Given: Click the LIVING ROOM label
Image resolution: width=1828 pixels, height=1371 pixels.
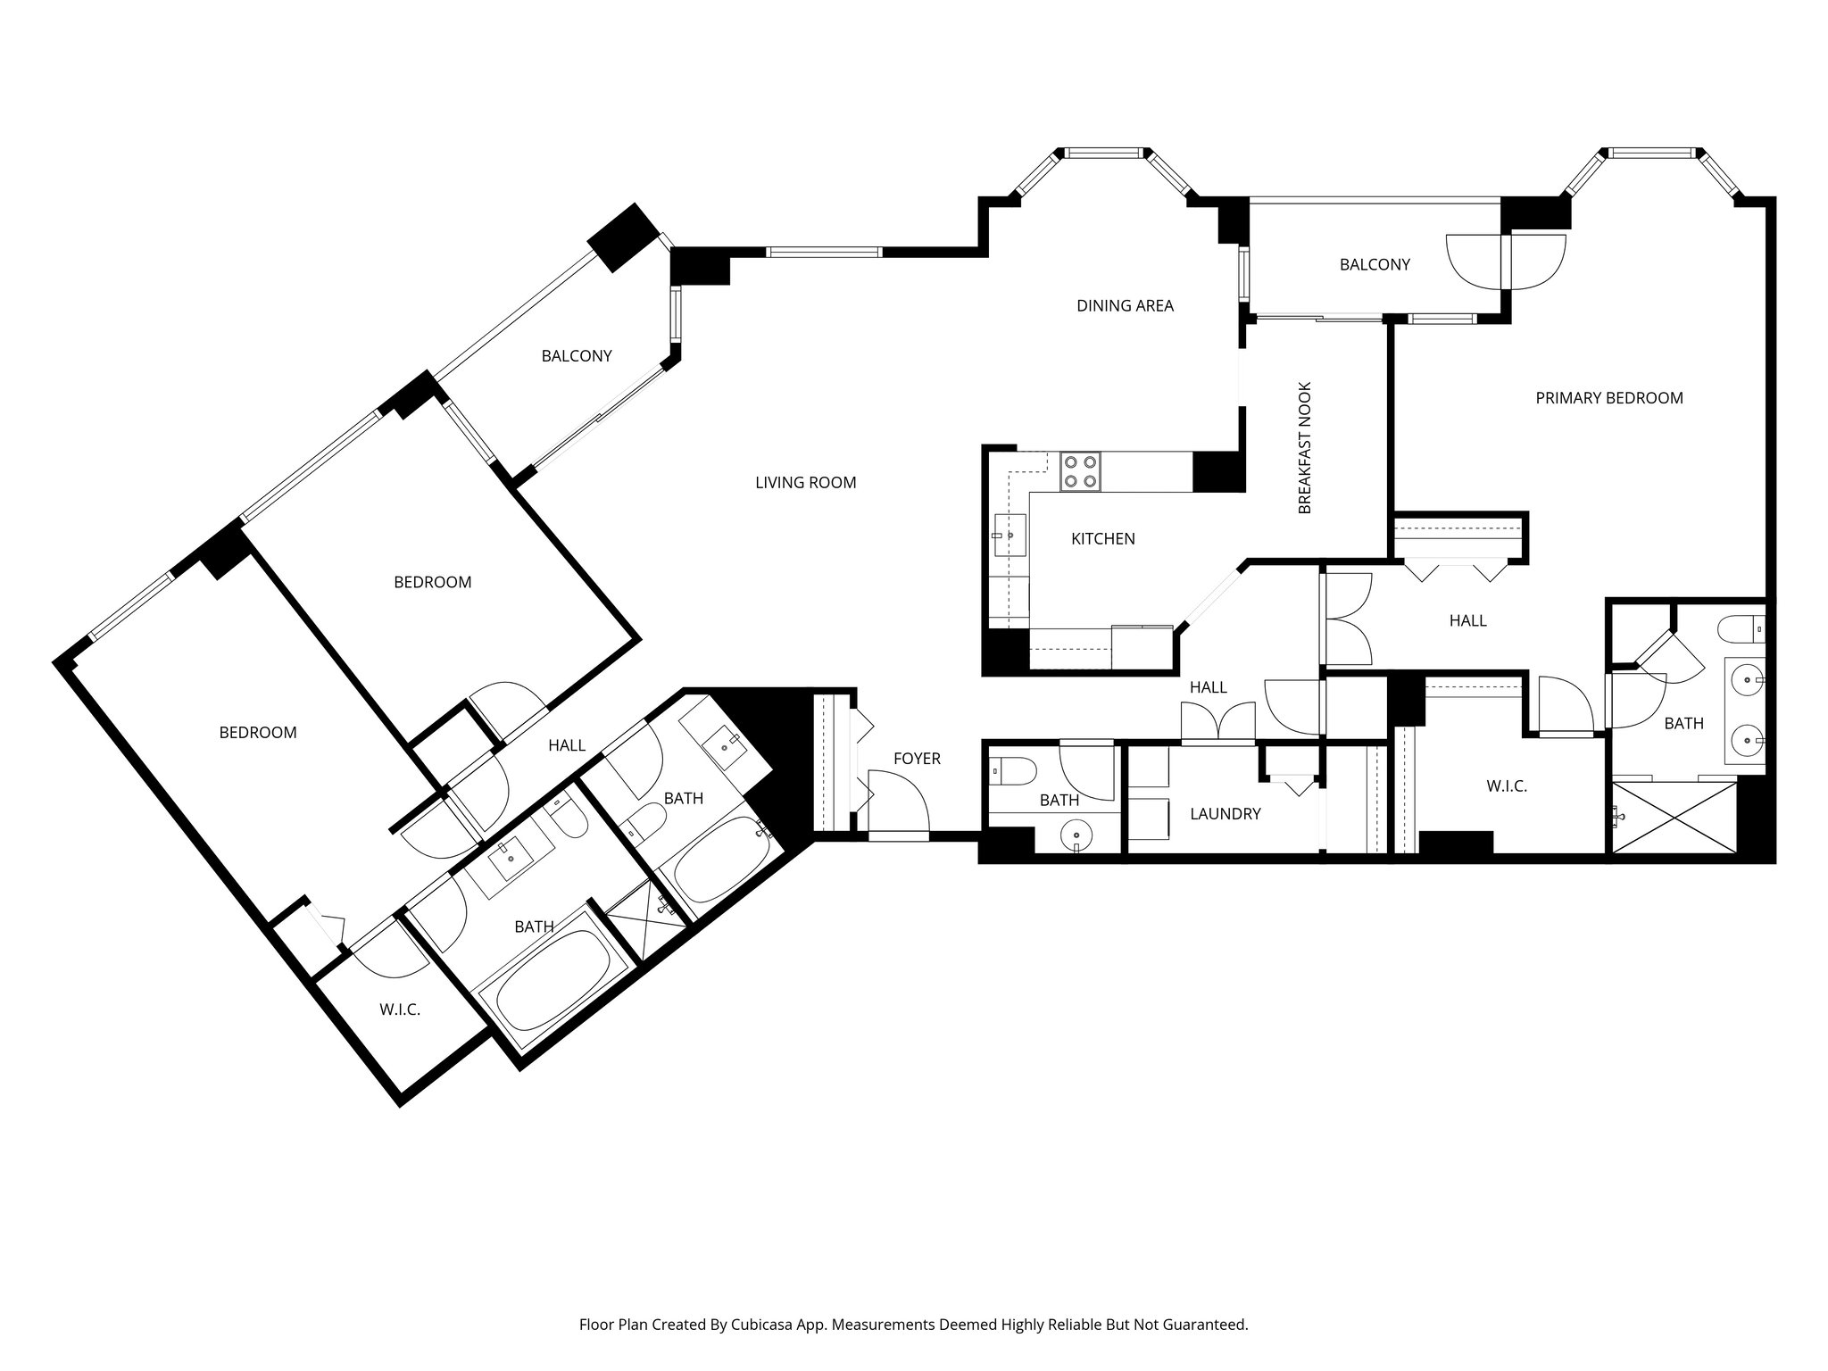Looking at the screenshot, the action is point(805,483).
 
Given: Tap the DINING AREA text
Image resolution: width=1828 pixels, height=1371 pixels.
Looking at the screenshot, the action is point(1125,306).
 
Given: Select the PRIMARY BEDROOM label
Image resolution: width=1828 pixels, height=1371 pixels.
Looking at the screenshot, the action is point(1609,398).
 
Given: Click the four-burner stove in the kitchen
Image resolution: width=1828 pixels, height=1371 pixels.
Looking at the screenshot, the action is point(1080,471).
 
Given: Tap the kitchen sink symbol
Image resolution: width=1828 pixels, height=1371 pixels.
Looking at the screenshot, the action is point(1010,535).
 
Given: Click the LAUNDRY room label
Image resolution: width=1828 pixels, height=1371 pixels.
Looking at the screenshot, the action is point(1226,814).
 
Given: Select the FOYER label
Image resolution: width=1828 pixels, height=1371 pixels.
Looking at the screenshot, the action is point(917,759).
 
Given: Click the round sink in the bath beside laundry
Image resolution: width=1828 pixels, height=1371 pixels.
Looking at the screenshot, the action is point(1078,836).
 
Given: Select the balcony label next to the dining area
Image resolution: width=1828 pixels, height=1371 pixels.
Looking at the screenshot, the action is point(1375,264).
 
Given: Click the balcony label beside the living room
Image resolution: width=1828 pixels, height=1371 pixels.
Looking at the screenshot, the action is point(577,356).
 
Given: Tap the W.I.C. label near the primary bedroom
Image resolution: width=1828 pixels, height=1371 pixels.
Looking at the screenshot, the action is point(1507,786).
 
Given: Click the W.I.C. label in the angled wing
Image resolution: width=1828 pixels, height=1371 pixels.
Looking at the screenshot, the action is point(400,1010).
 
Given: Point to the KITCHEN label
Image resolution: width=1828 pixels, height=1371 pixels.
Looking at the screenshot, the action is point(1103,539).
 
